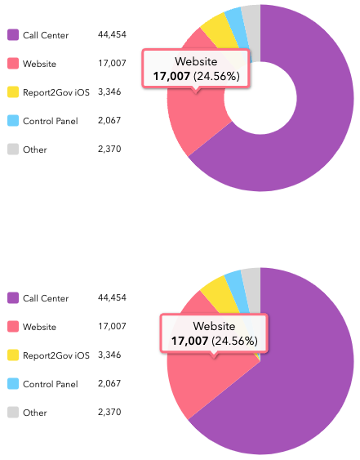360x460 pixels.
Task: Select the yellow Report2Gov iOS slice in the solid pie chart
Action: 216,290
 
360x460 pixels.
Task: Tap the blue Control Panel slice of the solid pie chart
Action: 233,283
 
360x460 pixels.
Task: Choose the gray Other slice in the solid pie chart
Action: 251,280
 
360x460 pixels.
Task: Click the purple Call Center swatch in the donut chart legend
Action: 13,35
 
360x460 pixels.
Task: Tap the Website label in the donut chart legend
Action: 40,64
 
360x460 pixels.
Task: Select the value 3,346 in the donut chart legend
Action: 110,92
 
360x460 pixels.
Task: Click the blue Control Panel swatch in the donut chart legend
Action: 13,121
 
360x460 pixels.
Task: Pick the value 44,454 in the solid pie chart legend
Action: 112,298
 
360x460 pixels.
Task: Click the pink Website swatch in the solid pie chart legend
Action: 13,327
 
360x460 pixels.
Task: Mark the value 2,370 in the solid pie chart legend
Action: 110,412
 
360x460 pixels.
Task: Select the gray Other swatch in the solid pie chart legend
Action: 13,412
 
